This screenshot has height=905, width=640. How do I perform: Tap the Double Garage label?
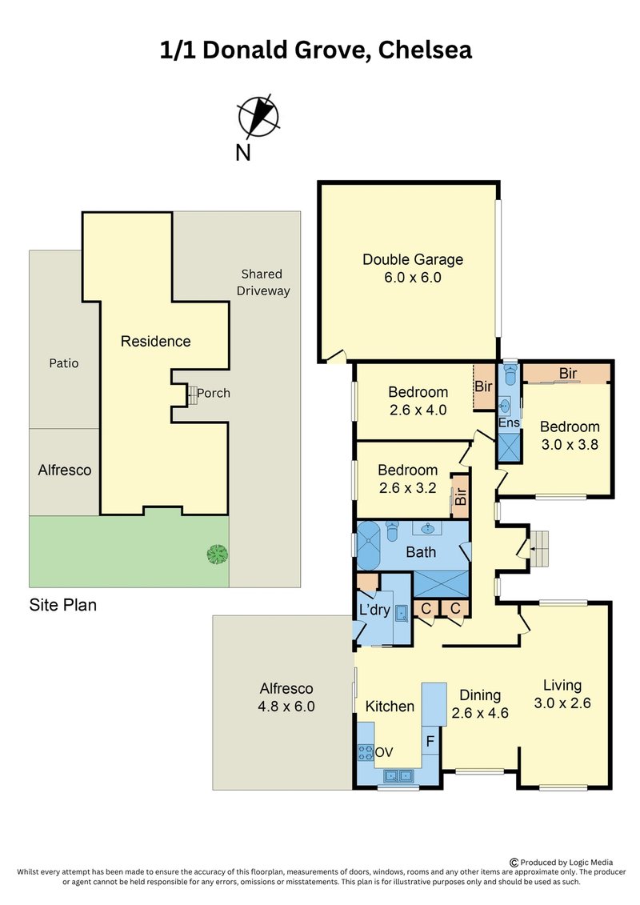(x=413, y=260)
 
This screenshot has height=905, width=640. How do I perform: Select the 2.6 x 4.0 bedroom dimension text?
(x=418, y=410)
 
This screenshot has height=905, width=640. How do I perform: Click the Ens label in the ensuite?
(x=509, y=422)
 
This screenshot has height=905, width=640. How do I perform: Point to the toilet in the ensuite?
(x=510, y=374)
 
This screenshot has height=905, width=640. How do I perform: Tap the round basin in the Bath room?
(x=428, y=528)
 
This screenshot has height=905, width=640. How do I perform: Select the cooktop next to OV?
(x=366, y=753)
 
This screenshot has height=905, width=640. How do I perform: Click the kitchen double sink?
(x=399, y=775)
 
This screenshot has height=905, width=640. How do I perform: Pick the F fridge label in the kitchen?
(x=430, y=741)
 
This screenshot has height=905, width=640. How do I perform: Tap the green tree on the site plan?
(x=217, y=555)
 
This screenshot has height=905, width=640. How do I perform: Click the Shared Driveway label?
(x=262, y=282)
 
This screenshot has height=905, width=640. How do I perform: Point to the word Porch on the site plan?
(x=214, y=393)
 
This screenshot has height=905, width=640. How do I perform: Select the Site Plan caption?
(x=63, y=605)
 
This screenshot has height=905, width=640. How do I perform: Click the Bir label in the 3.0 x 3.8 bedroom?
(x=568, y=374)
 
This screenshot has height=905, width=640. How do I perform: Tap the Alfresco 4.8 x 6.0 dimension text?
(x=286, y=707)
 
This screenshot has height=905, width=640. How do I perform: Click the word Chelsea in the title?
(x=426, y=50)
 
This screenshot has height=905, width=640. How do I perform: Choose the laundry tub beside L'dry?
(x=402, y=613)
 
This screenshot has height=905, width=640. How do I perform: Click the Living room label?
(x=562, y=685)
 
